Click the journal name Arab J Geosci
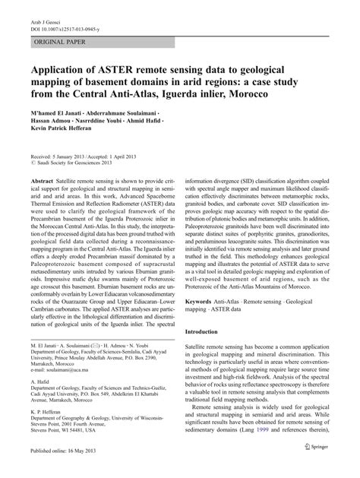coord(45,12)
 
